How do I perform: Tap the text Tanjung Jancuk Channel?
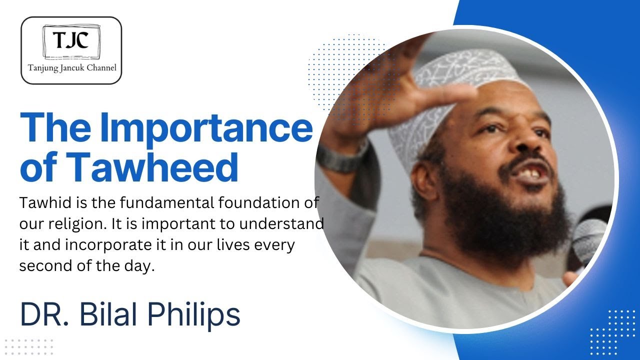click(x=71, y=67)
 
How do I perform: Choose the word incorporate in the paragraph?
click(x=94, y=245)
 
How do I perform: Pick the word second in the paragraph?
click(x=41, y=266)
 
